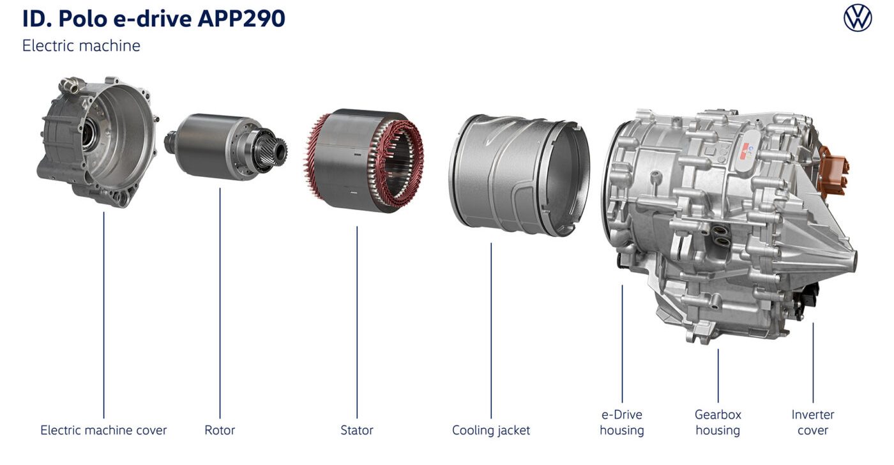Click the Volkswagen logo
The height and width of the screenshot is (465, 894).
[857, 19]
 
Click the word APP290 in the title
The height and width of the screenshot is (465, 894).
[241, 19]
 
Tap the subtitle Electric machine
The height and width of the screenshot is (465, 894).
[82, 45]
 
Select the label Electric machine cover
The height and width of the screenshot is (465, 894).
[103, 430]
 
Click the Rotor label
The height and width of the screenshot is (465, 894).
[220, 430]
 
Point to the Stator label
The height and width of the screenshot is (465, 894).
[357, 430]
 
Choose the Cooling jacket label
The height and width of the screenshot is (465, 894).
[491, 431]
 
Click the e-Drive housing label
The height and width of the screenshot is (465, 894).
[622, 422]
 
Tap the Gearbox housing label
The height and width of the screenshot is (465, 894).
[718, 422]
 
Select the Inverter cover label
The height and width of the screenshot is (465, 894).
[812, 422]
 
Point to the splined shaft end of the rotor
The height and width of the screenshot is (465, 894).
[275, 149]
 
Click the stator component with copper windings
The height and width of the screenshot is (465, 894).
[363, 160]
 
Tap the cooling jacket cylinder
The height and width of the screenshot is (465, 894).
[519, 176]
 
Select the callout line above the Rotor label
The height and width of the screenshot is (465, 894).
[220, 303]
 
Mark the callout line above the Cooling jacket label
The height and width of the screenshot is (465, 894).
[491, 330]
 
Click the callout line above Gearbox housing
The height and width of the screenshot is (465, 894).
[718, 376]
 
